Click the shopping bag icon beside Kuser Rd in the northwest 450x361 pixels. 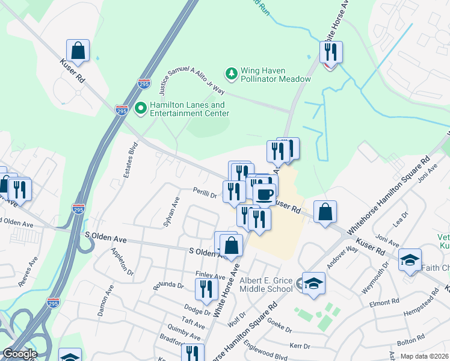pyautogui.click(x=78, y=50)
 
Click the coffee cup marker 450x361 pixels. pyautogui.click(x=264, y=194)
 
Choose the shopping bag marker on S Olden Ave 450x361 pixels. pyautogui.click(x=231, y=245)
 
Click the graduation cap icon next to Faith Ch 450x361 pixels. pyautogui.click(x=410, y=259)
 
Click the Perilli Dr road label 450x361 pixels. pyautogui.click(x=205, y=194)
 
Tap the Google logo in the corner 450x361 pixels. pyautogui.click(x=20, y=354)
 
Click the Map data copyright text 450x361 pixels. pyautogui.click(x=425, y=356)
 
